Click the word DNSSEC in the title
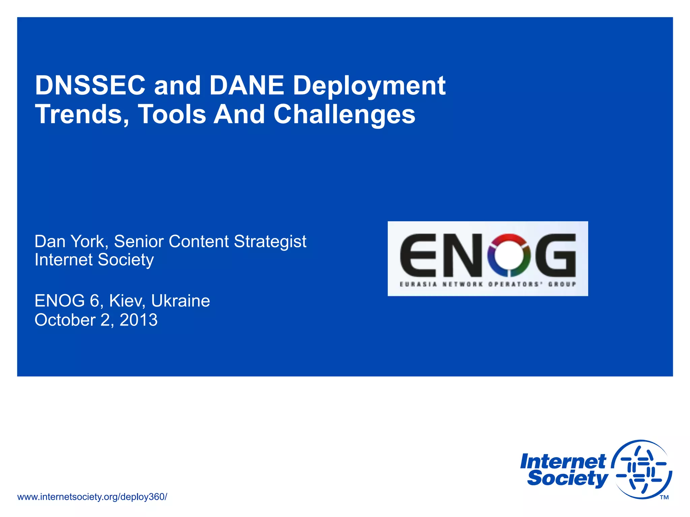[90, 85]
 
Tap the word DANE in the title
[247, 85]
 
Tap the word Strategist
[270, 242]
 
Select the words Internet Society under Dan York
[94, 260]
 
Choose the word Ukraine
[181, 301]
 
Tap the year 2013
[138, 320]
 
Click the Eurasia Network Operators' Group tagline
[488, 284]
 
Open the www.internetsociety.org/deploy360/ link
[92, 497]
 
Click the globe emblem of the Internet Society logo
[641, 470]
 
